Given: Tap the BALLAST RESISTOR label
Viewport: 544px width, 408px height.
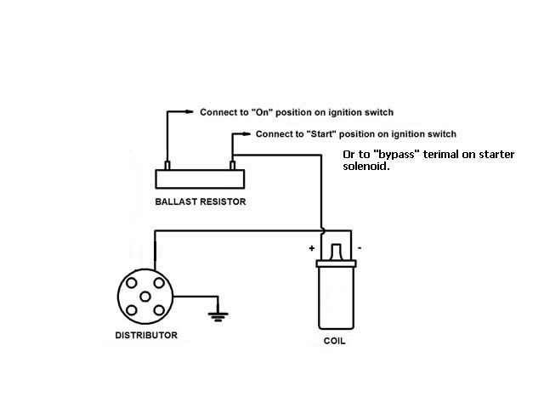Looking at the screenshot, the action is click(201, 201).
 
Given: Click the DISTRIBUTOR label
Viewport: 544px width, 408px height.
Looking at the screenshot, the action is click(146, 335).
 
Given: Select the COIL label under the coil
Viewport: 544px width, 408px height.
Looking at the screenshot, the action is click(334, 341).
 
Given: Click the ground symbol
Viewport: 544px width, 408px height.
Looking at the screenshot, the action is click(218, 316).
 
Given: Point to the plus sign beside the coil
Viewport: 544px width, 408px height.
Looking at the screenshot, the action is click(312, 248).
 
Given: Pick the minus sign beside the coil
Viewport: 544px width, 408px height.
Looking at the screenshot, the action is click(360, 247).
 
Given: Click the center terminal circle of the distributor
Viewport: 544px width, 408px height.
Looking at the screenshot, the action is click(145, 297).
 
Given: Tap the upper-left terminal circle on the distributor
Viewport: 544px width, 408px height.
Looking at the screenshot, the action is click(132, 283).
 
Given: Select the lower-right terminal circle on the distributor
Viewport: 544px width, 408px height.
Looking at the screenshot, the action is click(159, 310).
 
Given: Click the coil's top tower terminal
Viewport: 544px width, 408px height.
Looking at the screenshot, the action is click(336, 252).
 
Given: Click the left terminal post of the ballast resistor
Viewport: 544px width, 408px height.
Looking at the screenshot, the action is click(167, 165).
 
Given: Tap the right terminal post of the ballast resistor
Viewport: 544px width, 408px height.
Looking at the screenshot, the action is click(232, 165).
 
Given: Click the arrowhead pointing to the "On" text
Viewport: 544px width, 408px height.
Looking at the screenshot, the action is click(189, 111).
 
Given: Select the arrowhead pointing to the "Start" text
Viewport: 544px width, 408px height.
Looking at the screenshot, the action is click(246, 134).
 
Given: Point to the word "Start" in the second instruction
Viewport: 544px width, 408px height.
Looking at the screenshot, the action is click(321, 134).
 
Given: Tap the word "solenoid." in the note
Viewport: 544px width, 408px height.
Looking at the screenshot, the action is click(366, 167).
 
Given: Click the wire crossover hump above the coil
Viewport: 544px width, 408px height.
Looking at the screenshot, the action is click(322, 230).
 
